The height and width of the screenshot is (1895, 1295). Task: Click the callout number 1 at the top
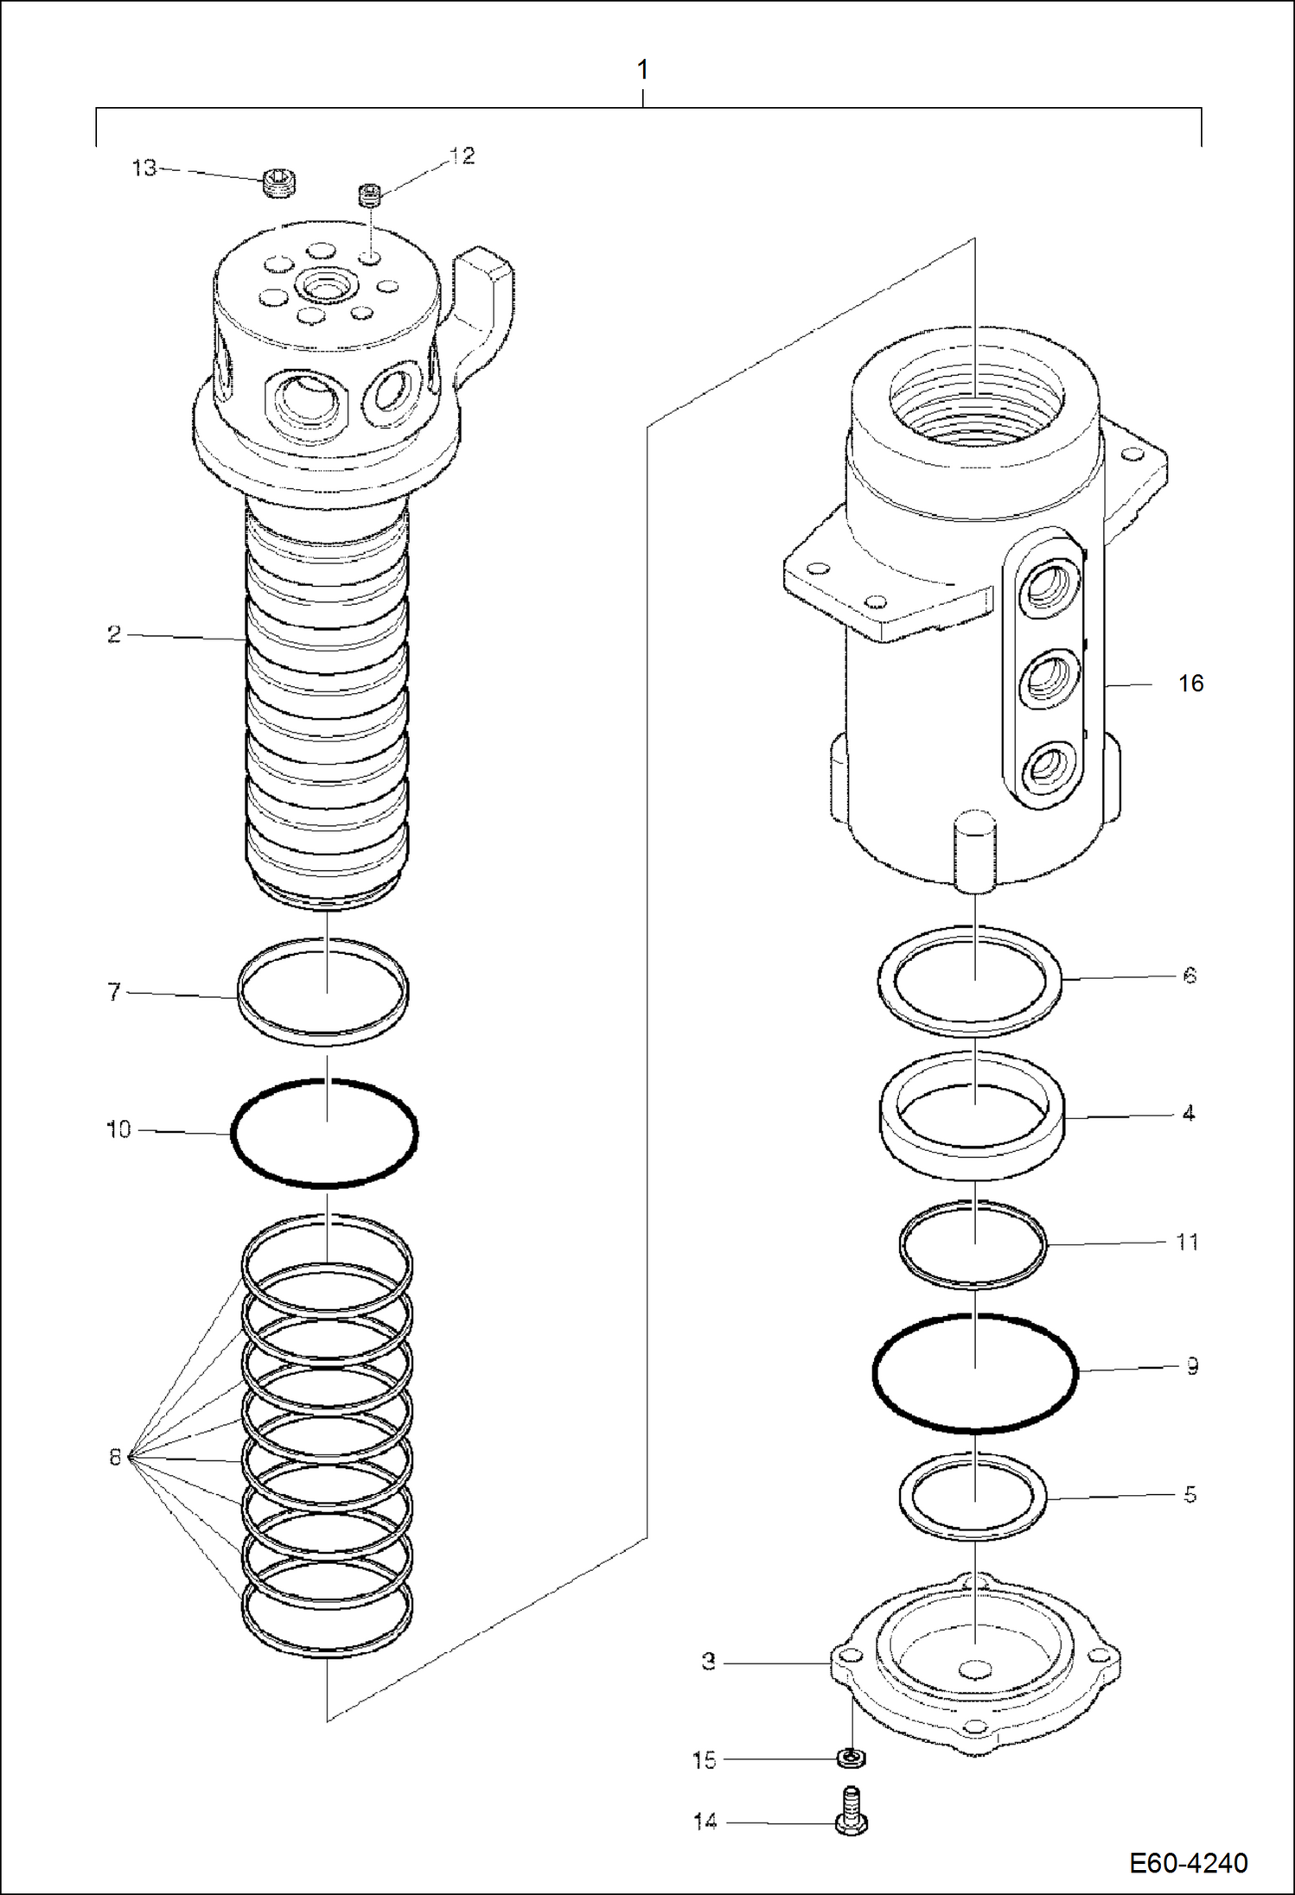click(x=642, y=69)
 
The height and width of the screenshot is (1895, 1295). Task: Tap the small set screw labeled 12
click(x=370, y=195)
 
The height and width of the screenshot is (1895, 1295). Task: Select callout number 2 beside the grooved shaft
click(x=114, y=635)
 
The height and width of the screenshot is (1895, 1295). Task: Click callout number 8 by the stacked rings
click(x=115, y=1458)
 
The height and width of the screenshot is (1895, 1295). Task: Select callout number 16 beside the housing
click(x=1190, y=684)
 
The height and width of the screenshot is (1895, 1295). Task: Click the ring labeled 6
click(x=1060, y=979)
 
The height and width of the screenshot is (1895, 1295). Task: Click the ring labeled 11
click(x=1044, y=1244)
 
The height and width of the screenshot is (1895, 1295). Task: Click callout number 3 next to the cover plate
click(x=708, y=1662)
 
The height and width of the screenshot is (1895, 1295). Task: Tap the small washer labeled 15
click(x=852, y=1758)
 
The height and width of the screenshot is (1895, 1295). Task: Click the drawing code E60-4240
click(x=1188, y=1862)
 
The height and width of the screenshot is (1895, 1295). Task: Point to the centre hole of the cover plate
click(x=975, y=1667)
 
